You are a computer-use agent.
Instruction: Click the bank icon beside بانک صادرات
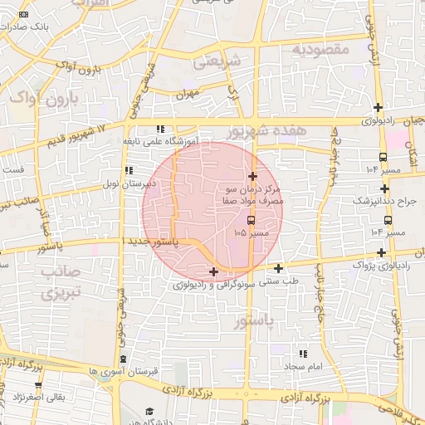point(22,15)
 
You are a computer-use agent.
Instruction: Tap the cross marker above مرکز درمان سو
point(253,176)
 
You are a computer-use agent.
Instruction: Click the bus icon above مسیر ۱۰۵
point(252,221)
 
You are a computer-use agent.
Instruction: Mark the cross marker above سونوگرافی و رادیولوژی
point(214,271)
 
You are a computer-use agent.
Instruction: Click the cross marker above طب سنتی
point(278,268)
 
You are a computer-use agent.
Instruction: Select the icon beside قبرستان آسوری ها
point(124,358)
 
